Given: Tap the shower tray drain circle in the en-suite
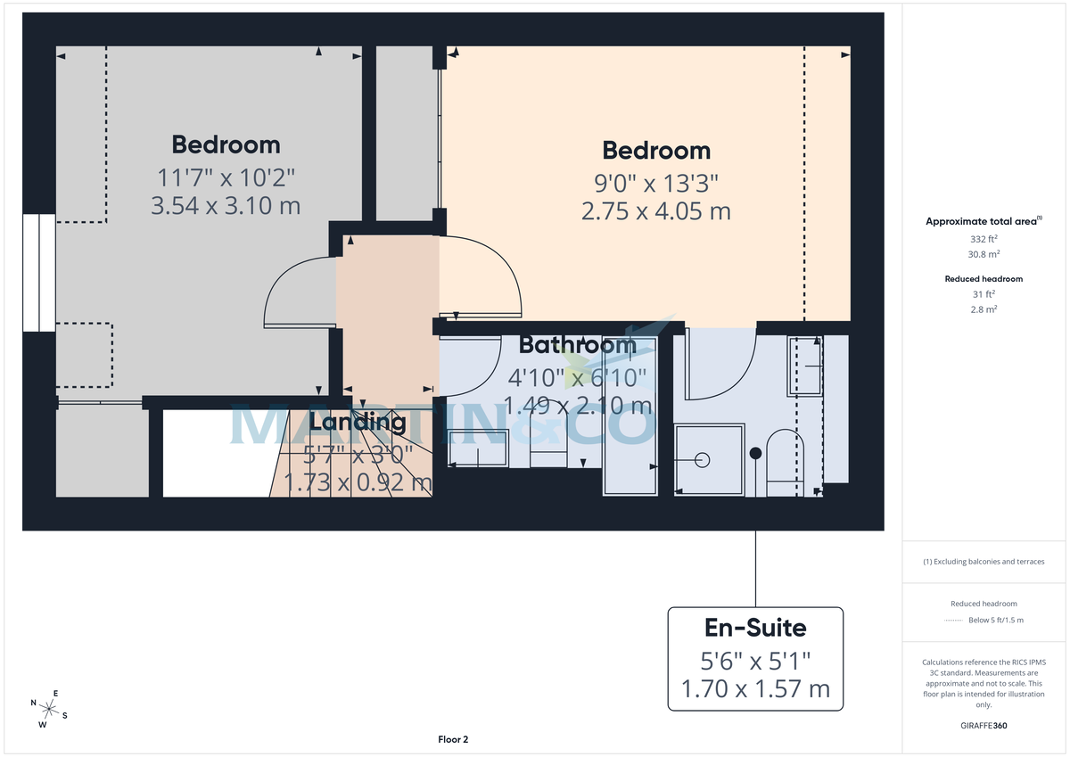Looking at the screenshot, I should point(702,460).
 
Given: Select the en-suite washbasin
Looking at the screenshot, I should point(804,366).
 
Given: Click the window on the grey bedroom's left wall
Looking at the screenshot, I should point(39,273).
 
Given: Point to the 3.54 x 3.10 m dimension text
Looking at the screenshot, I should point(226,206).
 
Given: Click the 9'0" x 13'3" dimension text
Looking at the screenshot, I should point(656,184).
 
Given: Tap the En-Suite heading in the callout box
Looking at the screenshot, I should point(755,628).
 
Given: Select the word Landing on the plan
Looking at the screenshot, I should point(358,422).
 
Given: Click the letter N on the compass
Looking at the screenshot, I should point(34,704).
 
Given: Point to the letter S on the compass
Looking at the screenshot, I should point(64,715).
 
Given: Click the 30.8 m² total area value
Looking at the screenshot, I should point(984,253).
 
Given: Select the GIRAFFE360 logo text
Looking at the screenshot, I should point(984,726).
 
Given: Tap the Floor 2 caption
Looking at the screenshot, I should point(453,739).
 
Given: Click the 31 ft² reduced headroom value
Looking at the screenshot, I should point(984,294).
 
